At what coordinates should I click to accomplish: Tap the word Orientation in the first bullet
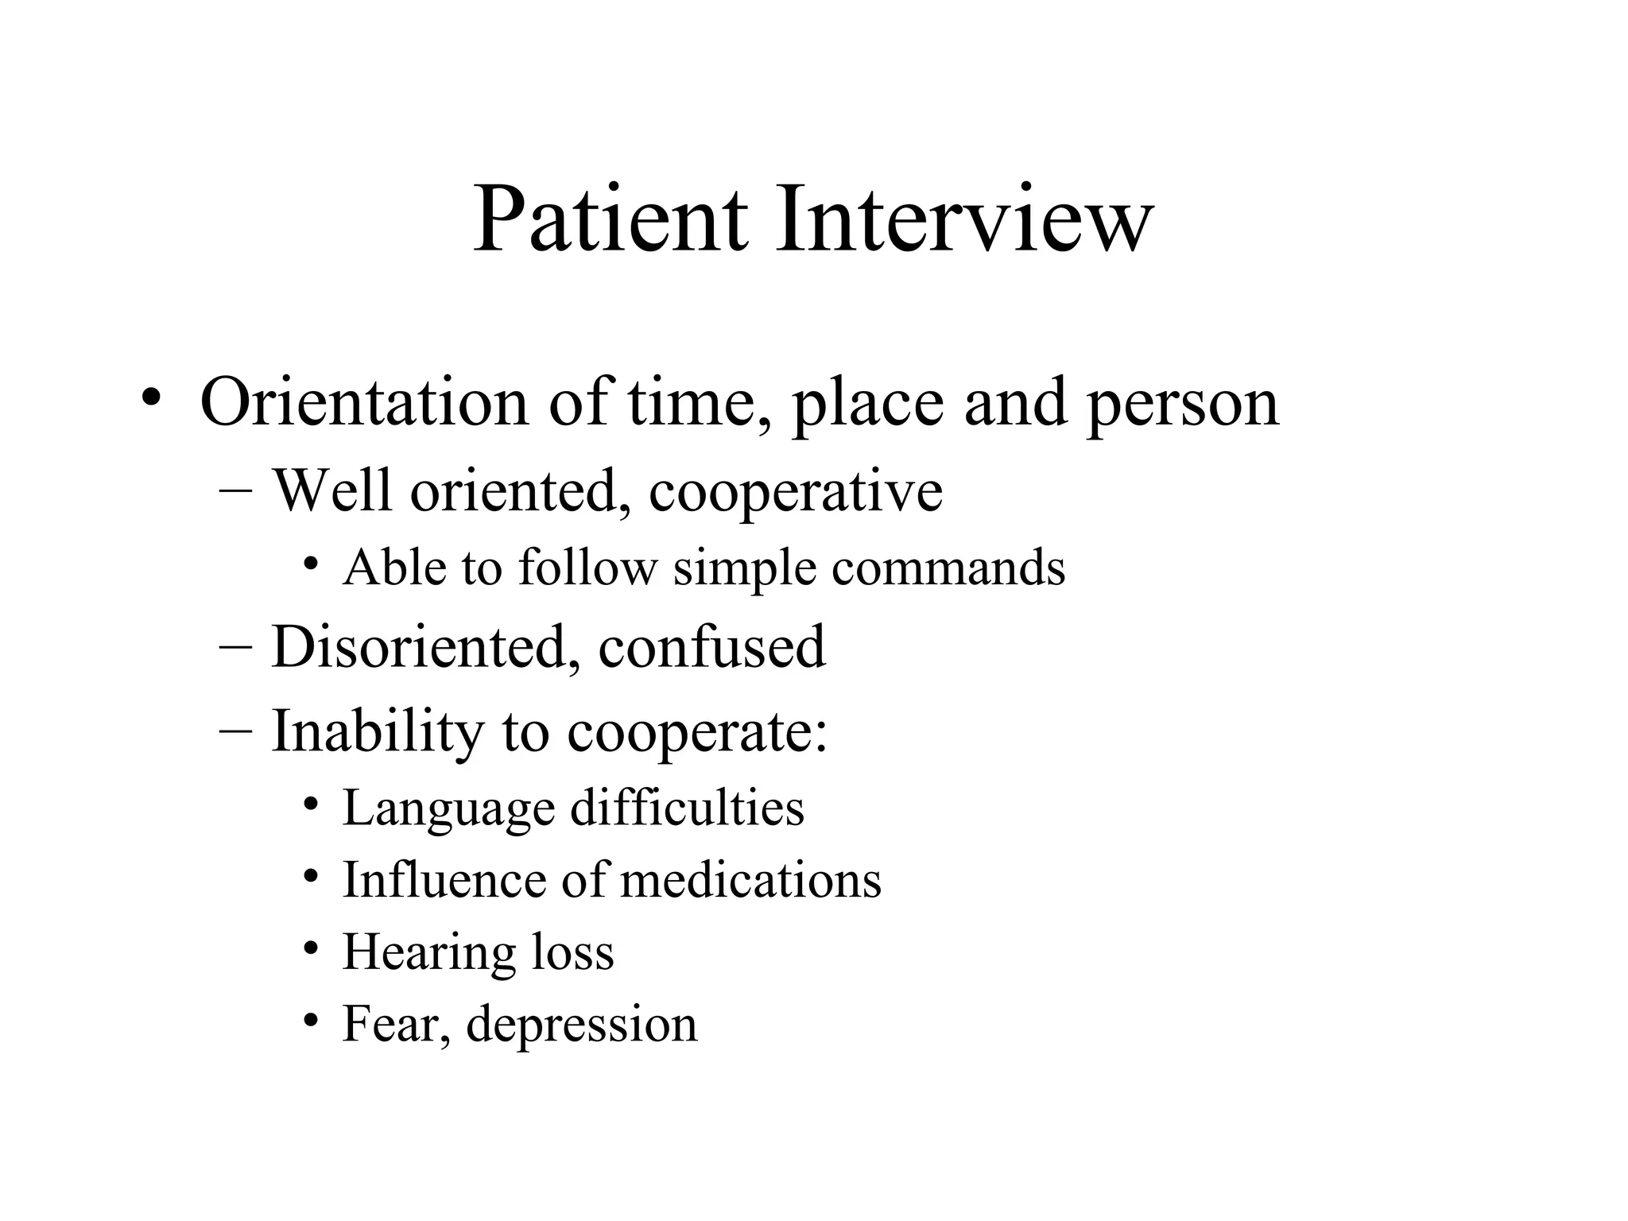[x=364, y=402]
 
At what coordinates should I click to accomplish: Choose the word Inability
[x=378, y=731]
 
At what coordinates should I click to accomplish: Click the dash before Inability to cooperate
[x=235, y=729]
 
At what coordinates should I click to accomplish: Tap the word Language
[x=448, y=809]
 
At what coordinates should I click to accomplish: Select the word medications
[x=750, y=880]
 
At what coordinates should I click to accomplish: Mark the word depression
[x=581, y=1025]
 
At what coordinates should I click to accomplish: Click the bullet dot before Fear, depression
[x=312, y=1020]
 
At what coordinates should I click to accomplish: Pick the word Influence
[x=444, y=880]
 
